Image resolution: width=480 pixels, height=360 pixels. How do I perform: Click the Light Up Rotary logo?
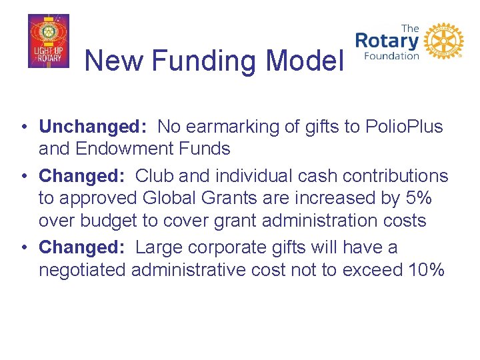(x=48, y=41)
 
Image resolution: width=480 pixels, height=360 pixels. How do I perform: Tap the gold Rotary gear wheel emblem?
(x=443, y=41)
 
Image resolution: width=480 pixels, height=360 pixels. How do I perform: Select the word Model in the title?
(x=303, y=61)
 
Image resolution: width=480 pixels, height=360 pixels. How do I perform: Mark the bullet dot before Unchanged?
(x=23, y=127)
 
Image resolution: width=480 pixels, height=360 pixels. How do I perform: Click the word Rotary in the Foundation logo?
(x=387, y=41)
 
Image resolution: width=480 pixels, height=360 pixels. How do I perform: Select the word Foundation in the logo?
(x=391, y=56)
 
